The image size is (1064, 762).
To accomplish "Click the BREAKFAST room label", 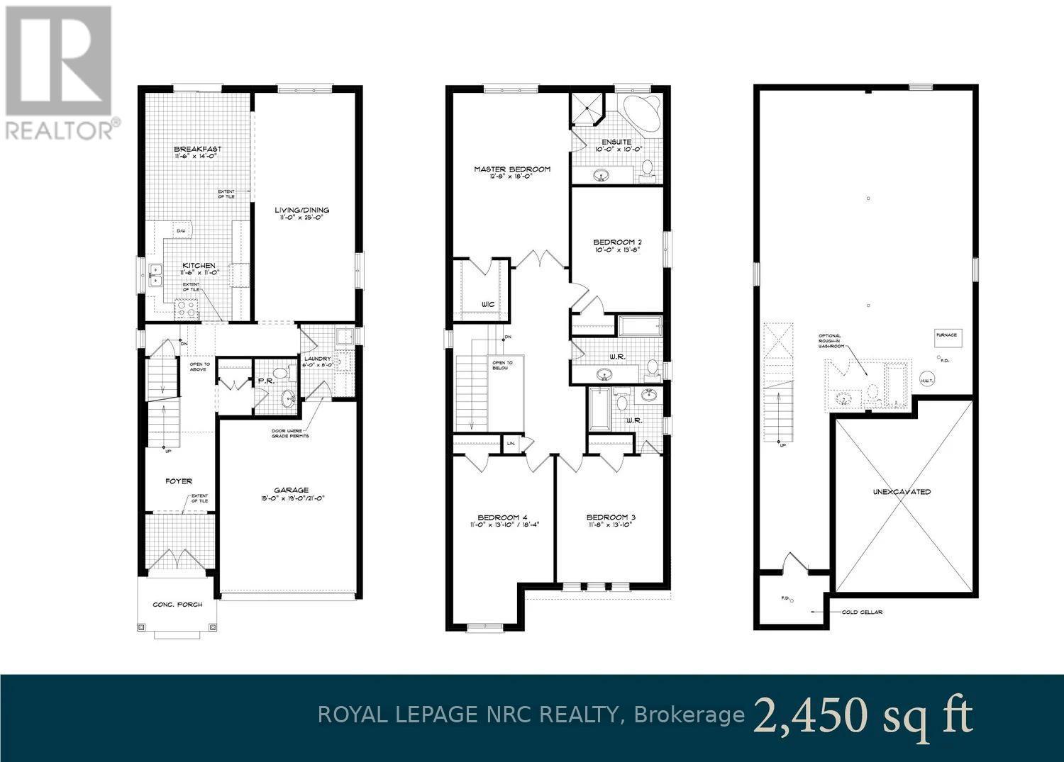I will coord(198,150).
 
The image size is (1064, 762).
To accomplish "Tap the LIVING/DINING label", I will coord(302,210).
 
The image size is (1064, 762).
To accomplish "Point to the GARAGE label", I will coord(292,490).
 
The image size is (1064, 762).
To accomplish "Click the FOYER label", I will coord(179,481).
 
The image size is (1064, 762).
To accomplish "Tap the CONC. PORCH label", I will coord(177,605).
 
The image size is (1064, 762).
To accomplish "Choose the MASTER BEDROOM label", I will coord(512,169).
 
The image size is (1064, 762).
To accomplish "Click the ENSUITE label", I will coord(617,142).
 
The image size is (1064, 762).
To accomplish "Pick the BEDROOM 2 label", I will coord(617,242).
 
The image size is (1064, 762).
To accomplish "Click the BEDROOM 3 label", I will coord(611,517).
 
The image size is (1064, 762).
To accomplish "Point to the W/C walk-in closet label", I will coord(487,304).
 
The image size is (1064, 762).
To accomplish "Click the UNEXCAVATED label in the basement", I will coord(902,491).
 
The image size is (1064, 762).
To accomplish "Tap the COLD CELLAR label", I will coord(862,612).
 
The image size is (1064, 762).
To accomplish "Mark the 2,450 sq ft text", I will coord(863,716).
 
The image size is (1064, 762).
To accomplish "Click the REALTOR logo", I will coord(58,71).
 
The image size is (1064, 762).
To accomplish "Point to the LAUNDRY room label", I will coord(318,359).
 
